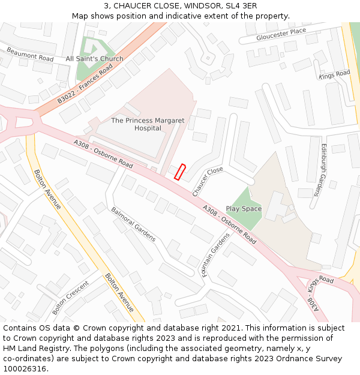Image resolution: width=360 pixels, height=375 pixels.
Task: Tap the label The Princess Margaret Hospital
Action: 148,124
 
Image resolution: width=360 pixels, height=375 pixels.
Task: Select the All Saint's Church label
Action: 94,59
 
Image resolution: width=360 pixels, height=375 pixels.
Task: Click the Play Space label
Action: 244,209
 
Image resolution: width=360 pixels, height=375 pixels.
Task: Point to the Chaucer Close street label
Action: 208,181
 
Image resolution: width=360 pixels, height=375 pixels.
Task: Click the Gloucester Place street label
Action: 272,35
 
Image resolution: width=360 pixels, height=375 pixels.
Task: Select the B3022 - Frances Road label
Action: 85,85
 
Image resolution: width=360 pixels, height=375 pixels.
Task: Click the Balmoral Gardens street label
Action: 133,224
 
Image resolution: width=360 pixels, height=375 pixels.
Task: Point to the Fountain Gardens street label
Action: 215,255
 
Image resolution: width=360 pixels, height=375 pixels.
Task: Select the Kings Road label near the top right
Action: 334,74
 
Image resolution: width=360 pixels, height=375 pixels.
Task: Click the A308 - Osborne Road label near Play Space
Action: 229,225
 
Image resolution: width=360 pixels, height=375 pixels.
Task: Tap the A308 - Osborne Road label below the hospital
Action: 103,154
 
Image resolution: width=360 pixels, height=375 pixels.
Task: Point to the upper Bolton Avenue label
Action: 47,189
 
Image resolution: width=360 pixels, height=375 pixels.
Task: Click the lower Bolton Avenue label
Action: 119,293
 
